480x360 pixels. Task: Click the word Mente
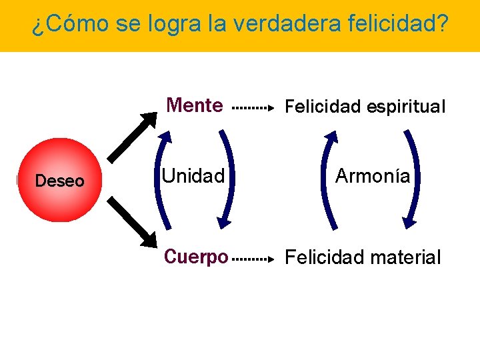(195, 105)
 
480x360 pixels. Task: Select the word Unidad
(193, 177)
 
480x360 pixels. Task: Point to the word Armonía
(373, 176)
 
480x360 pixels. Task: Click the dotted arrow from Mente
(252, 107)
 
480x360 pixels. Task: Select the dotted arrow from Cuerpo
(252, 257)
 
